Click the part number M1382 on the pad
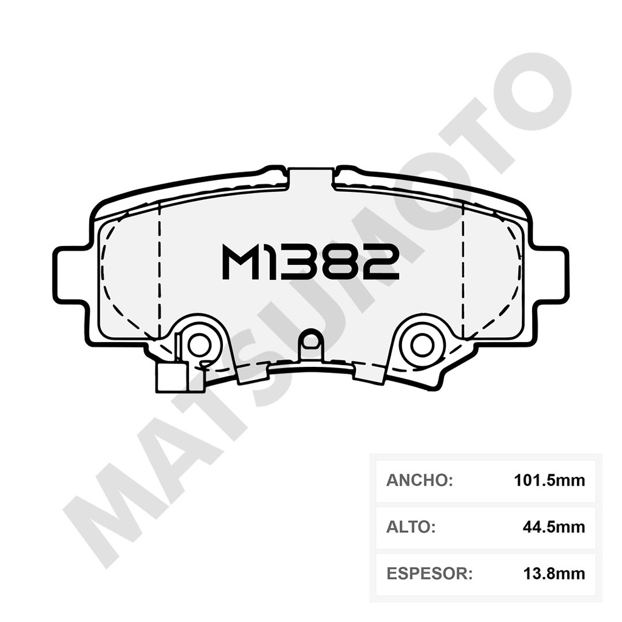(310, 262)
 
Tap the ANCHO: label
(420, 480)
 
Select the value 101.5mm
(549, 480)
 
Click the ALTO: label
(411, 527)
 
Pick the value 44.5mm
(553, 527)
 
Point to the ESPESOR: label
(429, 573)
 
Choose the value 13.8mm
(553, 573)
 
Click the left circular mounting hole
(199, 345)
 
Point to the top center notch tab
(310, 178)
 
